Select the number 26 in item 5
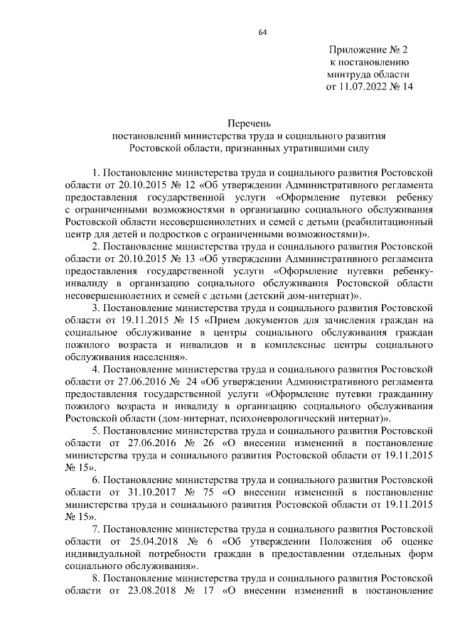tap(201, 445)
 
